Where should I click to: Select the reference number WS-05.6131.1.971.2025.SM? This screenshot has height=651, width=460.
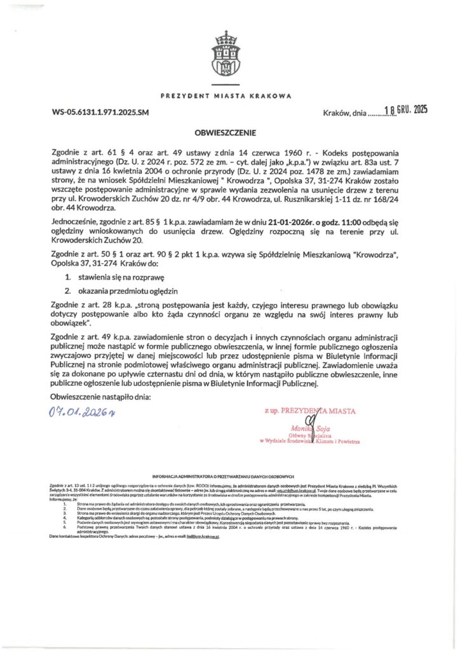[100, 113]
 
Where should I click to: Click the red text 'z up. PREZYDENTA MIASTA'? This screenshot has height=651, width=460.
[309, 411]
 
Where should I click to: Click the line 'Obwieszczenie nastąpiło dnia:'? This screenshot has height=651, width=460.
[101, 397]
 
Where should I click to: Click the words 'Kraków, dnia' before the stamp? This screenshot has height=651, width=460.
[344, 113]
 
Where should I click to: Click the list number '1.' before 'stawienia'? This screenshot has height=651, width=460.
[68, 278]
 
